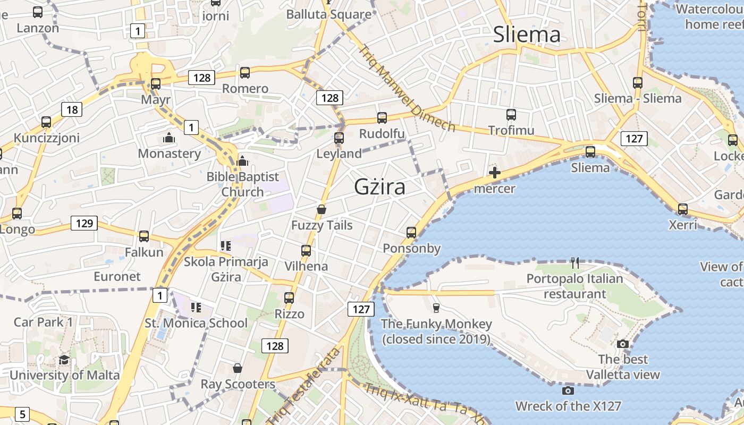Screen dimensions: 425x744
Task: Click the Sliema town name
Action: [x=527, y=35]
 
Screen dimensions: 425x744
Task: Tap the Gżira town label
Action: [x=379, y=187]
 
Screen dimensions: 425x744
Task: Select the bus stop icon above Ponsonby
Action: [x=411, y=232]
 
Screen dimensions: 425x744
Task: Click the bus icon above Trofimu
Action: [x=511, y=114]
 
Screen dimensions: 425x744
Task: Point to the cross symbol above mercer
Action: [x=495, y=172]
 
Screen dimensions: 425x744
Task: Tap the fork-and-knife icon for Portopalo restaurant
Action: [x=574, y=262]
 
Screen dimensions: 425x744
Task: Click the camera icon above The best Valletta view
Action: [x=623, y=344]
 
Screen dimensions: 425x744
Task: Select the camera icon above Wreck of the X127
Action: [x=568, y=391]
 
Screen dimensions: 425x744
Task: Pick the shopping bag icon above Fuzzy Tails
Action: [x=321, y=209]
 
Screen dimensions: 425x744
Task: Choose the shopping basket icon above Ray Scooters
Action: [x=238, y=368]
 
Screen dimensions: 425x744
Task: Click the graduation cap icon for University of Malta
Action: [x=64, y=360]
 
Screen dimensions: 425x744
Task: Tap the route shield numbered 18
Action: [x=72, y=110]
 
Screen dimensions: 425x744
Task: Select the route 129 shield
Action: [x=84, y=223]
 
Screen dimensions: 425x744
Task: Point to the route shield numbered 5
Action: [x=22, y=414]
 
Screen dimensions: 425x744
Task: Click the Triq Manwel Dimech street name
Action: [x=407, y=88]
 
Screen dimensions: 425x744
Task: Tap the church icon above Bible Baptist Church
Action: [x=242, y=160]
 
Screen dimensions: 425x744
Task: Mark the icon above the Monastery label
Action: [x=169, y=138]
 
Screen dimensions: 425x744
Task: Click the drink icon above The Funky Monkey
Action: [x=436, y=308]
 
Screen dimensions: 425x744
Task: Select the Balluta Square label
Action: [x=328, y=14]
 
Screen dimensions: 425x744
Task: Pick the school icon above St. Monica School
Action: [x=196, y=307]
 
